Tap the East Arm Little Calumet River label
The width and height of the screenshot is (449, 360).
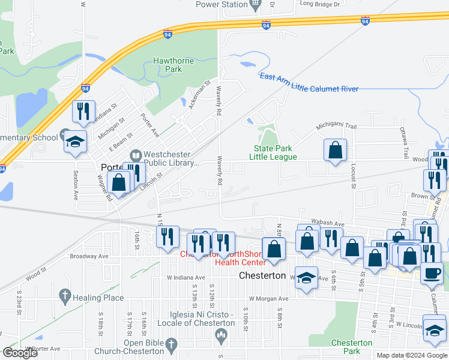pyautogui.click(x=309, y=82)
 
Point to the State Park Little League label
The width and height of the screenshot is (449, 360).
pyautogui.click(x=275, y=152)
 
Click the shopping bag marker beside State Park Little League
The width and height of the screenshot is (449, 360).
pyautogui.click(x=335, y=150)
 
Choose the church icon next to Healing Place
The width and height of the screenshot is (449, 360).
pyautogui.click(x=65, y=296)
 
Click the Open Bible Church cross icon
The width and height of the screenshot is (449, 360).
pyautogui.click(x=171, y=344)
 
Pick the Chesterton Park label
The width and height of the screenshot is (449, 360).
pyautogui.click(x=352, y=347)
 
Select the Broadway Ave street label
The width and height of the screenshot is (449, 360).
pyautogui.click(x=89, y=256)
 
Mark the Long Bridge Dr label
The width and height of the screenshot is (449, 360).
pyautogui.click(x=319, y=4)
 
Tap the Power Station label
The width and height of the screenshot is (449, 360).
pyautogui.click(x=221, y=5)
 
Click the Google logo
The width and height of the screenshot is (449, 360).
pyautogui.click(x=20, y=353)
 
